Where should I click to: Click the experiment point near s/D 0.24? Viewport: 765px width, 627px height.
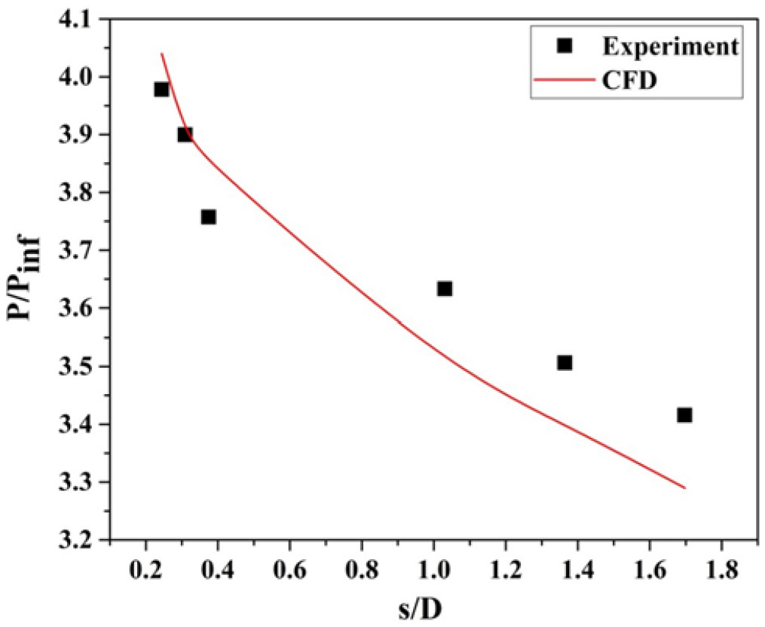pyautogui.click(x=161, y=90)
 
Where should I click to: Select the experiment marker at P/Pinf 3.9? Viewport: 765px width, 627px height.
pyautogui.click(x=185, y=135)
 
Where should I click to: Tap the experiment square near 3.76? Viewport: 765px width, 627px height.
pyautogui.click(x=209, y=217)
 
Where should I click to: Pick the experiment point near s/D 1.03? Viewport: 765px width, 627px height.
pyautogui.click(x=445, y=289)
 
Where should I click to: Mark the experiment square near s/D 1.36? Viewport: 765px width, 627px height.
pyautogui.click(x=565, y=362)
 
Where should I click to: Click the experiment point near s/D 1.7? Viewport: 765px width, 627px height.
pyautogui.click(x=684, y=414)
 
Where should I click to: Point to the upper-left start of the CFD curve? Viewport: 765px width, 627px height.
pyautogui.click(x=162, y=54)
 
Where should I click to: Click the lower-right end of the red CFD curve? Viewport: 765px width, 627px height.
pyautogui.click(x=685, y=488)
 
